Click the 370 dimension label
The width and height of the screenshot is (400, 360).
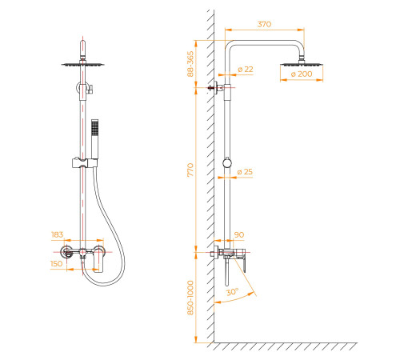point(264,24)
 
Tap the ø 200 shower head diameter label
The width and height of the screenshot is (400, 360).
point(302,74)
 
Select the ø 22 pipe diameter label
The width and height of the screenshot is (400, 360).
point(246,70)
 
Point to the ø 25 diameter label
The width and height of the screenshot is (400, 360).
point(245,172)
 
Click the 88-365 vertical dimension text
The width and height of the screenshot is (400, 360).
point(190,64)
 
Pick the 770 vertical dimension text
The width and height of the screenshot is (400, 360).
point(190,170)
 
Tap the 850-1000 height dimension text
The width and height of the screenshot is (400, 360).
point(190,298)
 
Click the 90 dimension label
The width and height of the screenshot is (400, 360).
point(239,235)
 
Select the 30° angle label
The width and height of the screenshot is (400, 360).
point(233,292)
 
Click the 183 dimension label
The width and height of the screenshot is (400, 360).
point(58,234)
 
